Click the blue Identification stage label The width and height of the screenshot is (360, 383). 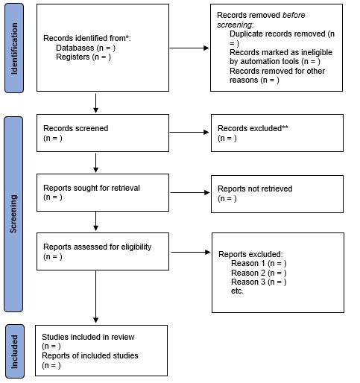[x=14, y=48]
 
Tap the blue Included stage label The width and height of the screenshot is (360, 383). [x=15, y=351]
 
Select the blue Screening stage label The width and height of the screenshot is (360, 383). [x=13, y=214]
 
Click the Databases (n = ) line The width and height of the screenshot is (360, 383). [x=86, y=48]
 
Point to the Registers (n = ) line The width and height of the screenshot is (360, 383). [x=83, y=57]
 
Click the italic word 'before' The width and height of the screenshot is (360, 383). [x=294, y=15]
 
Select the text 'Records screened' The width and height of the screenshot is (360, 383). [x=76, y=128]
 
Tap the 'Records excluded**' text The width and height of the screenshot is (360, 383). [x=253, y=128]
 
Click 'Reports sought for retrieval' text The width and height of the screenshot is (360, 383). [x=92, y=188]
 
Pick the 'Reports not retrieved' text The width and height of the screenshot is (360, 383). [x=255, y=189]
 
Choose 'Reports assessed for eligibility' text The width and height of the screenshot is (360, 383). [x=98, y=247]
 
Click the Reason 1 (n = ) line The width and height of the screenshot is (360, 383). [x=259, y=263]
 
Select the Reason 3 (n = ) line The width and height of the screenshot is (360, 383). [x=259, y=282]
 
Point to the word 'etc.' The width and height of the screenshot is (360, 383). [x=237, y=291]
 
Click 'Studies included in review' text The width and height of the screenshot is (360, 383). [x=88, y=337]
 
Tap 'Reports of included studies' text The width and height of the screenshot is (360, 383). [x=90, y=355]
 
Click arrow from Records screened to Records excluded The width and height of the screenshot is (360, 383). [x=189, y=132]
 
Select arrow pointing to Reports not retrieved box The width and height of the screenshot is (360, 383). [x=190, y=192]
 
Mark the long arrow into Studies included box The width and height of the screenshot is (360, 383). [x=95, y=297]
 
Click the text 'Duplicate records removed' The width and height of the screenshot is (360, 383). [x=277, y=34]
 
